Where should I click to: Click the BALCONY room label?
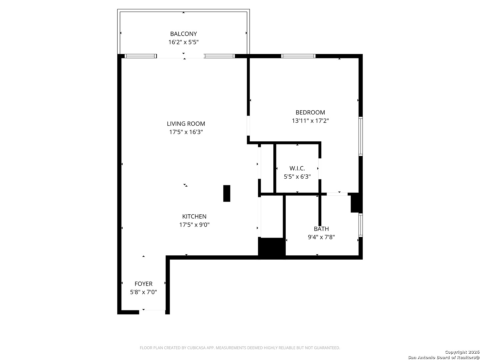(183, 34)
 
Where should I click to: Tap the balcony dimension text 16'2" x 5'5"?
(183, 42)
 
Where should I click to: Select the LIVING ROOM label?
(186, 123)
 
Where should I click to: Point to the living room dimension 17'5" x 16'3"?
(186, 132)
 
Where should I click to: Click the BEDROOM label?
(310, 112)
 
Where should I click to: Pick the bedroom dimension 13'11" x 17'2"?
(310, 121)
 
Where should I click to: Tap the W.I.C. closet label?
(297, 168)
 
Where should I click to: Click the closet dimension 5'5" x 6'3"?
(297, 177)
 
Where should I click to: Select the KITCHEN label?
(194, 216)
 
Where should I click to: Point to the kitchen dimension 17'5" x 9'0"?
(194, 225)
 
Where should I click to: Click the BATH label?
(321, 229)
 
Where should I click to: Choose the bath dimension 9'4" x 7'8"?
(321, 237)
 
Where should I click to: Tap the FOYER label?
(143, 284)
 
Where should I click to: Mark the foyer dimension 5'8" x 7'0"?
(143, 292)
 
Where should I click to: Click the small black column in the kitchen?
(227, 193)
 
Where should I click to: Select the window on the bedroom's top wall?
(298, 56)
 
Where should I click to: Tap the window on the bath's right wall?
(360, 225)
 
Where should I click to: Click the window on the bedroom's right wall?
(360, 136)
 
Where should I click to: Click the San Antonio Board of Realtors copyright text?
(443, 355)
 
